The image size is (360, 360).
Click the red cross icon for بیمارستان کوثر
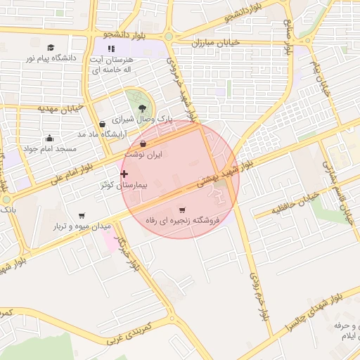(x=124, y=174)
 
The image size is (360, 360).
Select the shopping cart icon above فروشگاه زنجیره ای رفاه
(x=182, y=210)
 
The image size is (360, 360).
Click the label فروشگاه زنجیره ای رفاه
(x=182, y=221)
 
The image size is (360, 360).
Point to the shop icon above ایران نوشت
(x=143, y=143)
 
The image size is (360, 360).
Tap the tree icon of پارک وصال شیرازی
(x=143, y=108)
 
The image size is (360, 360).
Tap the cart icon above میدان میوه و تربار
(x=82, y=215)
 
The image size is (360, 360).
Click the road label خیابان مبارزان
(x=216, y=42)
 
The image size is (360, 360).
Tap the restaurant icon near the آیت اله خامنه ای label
(x=110, y=49)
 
